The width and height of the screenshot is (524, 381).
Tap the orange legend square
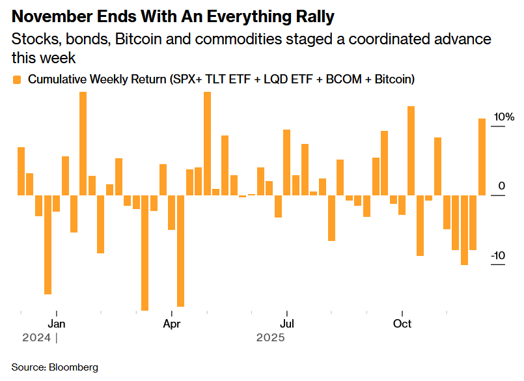click(x=17, y=79)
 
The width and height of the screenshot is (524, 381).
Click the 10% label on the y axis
click(x=504, y=117)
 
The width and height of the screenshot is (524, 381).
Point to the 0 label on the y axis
click(x=502, y=186)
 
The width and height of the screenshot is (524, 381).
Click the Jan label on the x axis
click(x=57, y=323)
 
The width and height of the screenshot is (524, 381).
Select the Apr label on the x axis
click(x=171, y=323)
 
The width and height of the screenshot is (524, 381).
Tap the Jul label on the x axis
click(x=286, y=323)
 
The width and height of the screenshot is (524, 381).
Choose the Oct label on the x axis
click(x=402, y=323)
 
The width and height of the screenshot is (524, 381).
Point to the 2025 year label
click(x=270, y=338)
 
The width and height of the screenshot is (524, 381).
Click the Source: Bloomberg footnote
click(x=55, y=367)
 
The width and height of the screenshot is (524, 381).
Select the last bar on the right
click(x=482, y=156)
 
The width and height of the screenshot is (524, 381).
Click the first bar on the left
click(x=21, y=171)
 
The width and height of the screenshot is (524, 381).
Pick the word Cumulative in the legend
click(x=57, y=79)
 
